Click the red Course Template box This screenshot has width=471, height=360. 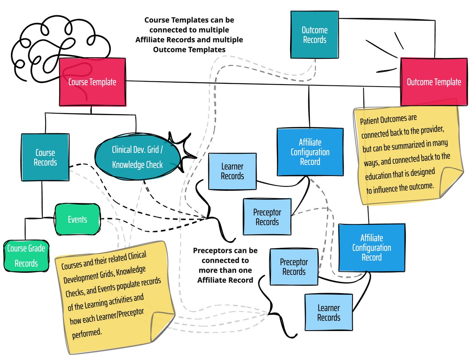coord(92,82)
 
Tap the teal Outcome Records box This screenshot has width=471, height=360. coord(315,35)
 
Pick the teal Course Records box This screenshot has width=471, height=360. coord(45,157)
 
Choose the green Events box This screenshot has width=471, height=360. coord(77,219)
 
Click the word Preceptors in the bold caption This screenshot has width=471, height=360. coord(212,250)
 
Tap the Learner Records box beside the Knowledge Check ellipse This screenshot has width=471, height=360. coord(232,171)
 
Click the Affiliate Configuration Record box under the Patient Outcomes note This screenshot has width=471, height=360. coord(371,247)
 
